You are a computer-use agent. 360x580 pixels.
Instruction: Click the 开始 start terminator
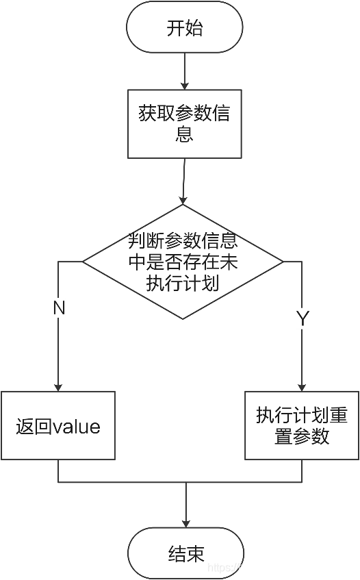[185, 29]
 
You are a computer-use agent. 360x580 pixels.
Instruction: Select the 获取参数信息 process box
[185, 123]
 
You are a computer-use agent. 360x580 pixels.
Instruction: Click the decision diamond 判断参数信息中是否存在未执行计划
[183, 262]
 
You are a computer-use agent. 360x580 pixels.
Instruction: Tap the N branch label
[59, 308]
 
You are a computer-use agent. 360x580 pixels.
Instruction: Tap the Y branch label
[302, 318]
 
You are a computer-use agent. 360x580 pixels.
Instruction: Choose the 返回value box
[57, 425]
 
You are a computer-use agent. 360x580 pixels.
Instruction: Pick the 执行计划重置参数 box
[302, 425]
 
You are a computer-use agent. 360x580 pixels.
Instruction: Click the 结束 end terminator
[185, 553]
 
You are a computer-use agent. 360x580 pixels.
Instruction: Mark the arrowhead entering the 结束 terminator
[185, 525]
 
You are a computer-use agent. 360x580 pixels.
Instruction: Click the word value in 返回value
[77, 427]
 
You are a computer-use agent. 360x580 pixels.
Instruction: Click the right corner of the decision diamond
[281, 262]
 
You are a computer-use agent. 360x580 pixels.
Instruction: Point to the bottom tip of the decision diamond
[183, 318]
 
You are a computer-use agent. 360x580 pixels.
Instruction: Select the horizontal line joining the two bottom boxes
[179, 482]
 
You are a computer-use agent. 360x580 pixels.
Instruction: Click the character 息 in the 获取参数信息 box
[184, 134]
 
